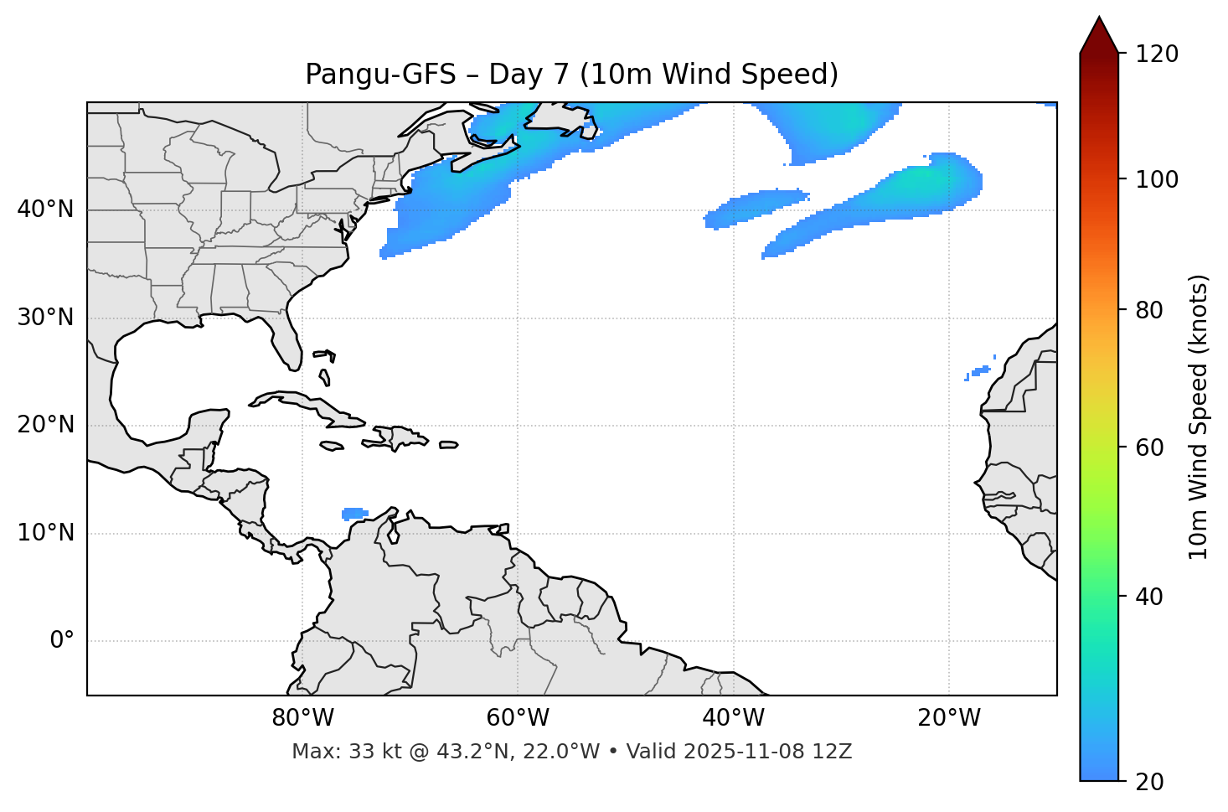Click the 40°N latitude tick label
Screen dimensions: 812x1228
45,209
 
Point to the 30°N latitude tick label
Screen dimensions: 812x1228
45,318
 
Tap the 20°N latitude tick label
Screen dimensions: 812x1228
45,425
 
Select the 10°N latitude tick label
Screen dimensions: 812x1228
45,533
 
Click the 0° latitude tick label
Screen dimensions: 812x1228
62,641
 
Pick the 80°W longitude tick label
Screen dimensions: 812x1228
302,718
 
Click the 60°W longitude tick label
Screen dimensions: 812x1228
518,718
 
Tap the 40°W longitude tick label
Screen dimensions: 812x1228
733,718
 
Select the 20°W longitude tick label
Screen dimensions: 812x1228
949,718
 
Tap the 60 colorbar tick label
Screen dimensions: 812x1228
1147,447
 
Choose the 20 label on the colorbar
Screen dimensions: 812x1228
1147,782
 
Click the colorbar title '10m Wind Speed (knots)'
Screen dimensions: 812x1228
1199,416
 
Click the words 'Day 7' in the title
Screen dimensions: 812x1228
528,75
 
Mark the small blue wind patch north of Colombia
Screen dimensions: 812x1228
355,513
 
